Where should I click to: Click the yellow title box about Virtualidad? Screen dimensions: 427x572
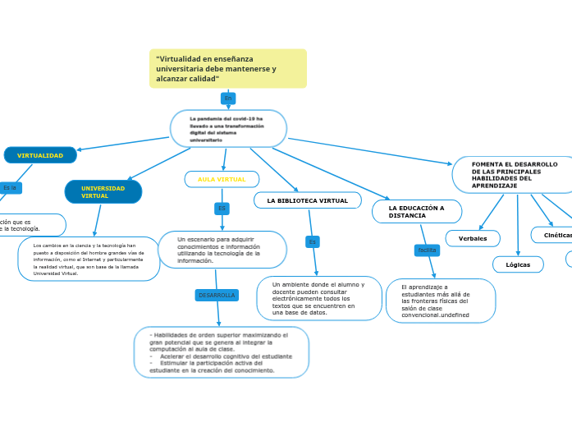point(227,68)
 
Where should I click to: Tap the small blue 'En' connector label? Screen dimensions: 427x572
point(228,99)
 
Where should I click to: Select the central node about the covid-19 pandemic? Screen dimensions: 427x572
point(228,129)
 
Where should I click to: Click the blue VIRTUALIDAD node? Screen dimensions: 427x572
point(40,155)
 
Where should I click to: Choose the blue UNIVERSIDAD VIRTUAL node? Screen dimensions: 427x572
point(103,192)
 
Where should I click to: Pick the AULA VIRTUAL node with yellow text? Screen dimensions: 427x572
point(222,179)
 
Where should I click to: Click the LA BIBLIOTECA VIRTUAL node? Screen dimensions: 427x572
point(308,200)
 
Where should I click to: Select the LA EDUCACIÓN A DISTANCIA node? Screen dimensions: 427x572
point(417,212)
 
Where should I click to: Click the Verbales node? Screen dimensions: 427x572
point(473,238)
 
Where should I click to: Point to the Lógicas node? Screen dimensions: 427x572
point(518,264)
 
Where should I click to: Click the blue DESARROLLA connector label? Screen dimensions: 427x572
point(217,295)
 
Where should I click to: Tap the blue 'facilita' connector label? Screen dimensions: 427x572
point(427,250)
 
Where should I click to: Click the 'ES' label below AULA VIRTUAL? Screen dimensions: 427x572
point(222,209)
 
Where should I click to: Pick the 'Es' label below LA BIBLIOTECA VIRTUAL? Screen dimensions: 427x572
point(312,241)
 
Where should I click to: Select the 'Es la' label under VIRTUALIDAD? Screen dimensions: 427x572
point(10,188)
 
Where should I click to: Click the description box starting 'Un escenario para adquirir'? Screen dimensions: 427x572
point(222,250)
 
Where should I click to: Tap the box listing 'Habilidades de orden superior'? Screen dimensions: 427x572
point(222,352)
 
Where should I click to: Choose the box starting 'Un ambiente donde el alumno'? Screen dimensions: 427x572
point(319,298)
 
